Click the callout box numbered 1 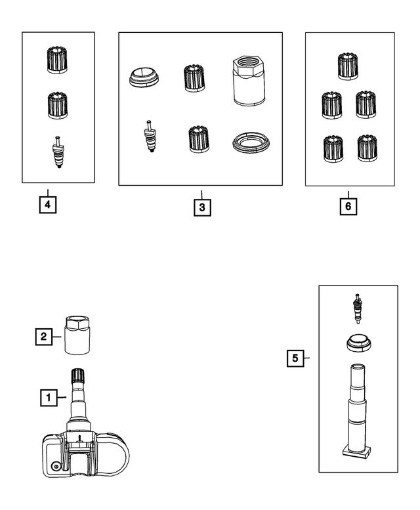click(x=47, y=396)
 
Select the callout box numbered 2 click(x=43, y=337)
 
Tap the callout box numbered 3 click(x=202, y=207)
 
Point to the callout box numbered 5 click(x=295, y=358)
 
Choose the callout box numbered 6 click(x=348, y=206)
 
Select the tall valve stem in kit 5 click(x=359, y=404)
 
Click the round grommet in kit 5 click(x=358, y=344)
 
